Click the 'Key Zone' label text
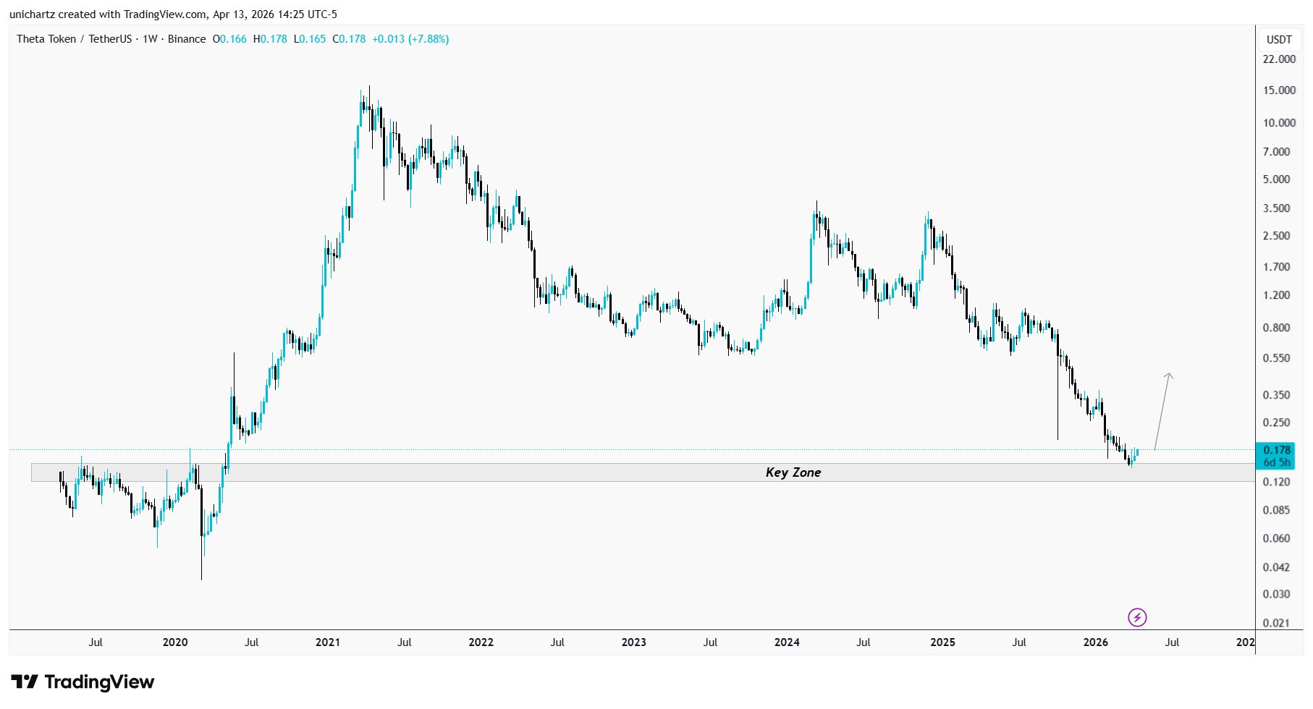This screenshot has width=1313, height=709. pyautogui.click(x=793, y=472)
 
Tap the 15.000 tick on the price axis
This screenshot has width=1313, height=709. pyautogui.click(x=1279, y=90)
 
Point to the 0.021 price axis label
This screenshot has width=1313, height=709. pyautogui.click(x=1276, y=623)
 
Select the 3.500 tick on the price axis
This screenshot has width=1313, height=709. pyautogui.click(x=1276, y=208)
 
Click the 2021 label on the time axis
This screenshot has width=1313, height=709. pyautogui.click(x=328, y=642)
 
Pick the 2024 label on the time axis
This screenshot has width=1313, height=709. pyautogui.click(x=787, y=642)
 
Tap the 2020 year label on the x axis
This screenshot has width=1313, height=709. pyautogui.click(x=175, y=642)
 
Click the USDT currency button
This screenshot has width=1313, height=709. pyautogui.click(x=1279, y=40)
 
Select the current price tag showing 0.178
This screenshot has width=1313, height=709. pyautogui.click(x=1277, y=450)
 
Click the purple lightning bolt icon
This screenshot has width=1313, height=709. pyautogui.click(x=1137, y=617)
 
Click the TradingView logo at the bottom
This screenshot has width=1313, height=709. pyautogui.click(x=83, y=682)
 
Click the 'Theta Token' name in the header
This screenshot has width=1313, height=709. pyautogui.click(x=46, y=39)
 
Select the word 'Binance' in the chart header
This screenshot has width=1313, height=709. pyautogui.click(x=187, y=39)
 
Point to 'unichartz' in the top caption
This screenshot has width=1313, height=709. pyautogui.click(x=32, y=14)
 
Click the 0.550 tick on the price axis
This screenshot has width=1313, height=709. pyautogui.click(x=1276, y=358)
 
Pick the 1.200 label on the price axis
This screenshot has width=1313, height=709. pyautogui.click(x=1276, y=295)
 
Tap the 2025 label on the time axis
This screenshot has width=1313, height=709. pyautogui.click(x=942, y=642)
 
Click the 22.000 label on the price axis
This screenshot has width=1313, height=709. pyautogui.click(x=1279, y=59)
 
